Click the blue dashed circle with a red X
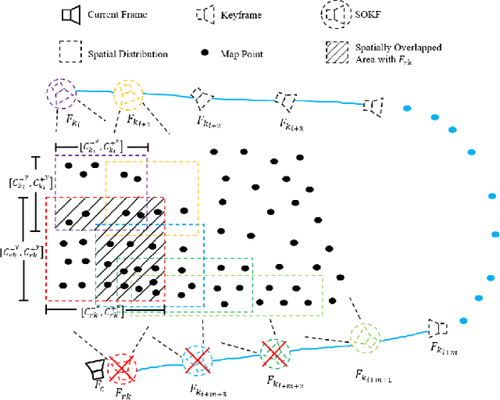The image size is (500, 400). point(197,361)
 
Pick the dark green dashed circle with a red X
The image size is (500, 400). point(274,353)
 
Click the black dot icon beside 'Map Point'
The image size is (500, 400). point(205,52)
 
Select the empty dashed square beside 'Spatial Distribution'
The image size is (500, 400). point(70,52)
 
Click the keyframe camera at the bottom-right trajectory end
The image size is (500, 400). point(436,327)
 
